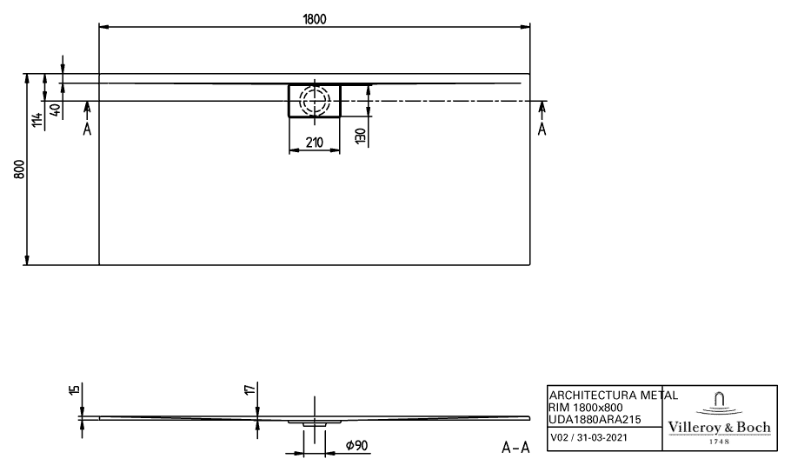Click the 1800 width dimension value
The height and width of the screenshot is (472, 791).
click(315, 19)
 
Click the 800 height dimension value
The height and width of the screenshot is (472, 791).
click(19, 170)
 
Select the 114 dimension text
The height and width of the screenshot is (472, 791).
click(37, 121)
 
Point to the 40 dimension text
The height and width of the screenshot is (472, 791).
click(56, 109)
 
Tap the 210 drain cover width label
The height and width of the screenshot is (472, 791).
click(315, 143)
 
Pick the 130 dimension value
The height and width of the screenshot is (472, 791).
click(360, 136)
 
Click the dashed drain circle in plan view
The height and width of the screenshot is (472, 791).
click(315, 100)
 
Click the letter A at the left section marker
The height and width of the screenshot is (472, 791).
click(87, 130)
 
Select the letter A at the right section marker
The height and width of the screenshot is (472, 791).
click(542, 130)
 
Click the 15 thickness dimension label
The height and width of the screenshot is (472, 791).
click(75, 389)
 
